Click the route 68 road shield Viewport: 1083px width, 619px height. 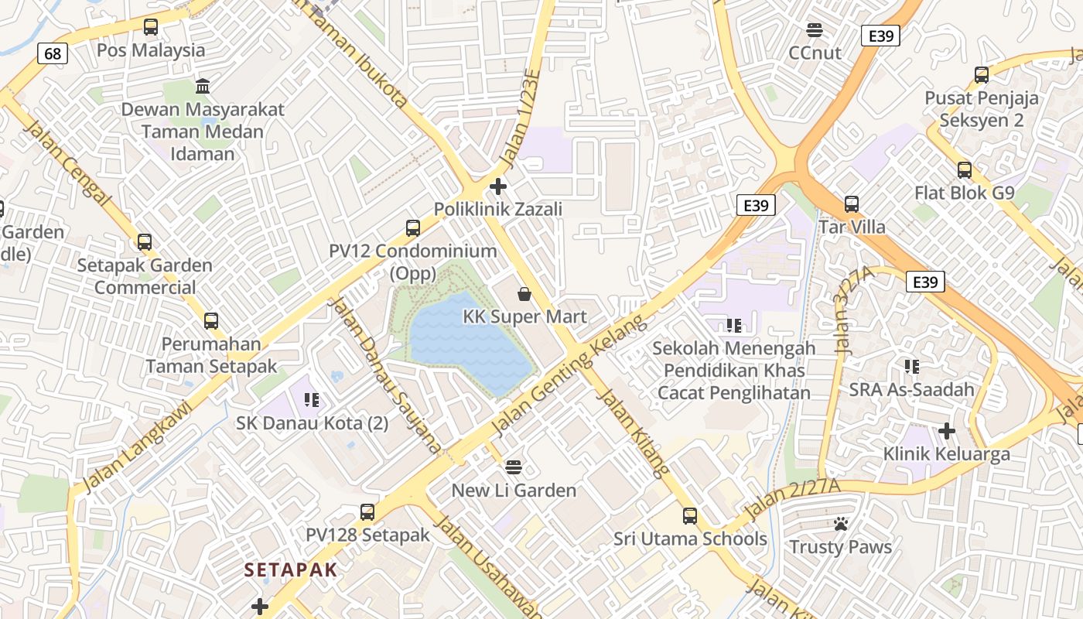pyautogui.click(x=53, y=53)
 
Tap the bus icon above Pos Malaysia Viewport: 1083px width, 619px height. pyautogui.click(x=151, y=27)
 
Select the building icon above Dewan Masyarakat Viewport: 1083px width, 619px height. pyautogui.click(x=203, y=85)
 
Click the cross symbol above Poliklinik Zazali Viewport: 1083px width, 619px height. pyautogui.click(x=498, y=186)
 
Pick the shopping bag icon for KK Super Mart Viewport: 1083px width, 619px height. pyautogui.click(x=524, y=294)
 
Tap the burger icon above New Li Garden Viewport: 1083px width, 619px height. pyautogui.click(x=514, y=467)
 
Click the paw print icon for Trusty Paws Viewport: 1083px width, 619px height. pyautogui.click(x=841, y=524)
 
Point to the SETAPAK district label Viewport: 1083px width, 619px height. pyautogui.click(x=291, y=570)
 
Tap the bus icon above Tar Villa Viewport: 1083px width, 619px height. pyautogui.click(x=852, y=204)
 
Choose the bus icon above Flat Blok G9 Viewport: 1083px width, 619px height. pyautogui.click(x=964, y=169)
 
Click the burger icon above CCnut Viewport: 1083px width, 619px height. pyautogui.click(x=814, y=30)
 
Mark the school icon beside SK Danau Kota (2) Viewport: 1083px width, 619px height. pyautogui.click(x=312, y=400)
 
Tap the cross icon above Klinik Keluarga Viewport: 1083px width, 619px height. pyautogui.click(x=946, y=430)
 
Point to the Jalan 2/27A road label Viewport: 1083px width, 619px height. pyautogui.click(x=791, y=499)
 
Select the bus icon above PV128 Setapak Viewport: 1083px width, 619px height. pyautogui.click(x=367, y=512)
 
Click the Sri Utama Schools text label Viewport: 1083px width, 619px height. pyautogui.click(x=690, y=539)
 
